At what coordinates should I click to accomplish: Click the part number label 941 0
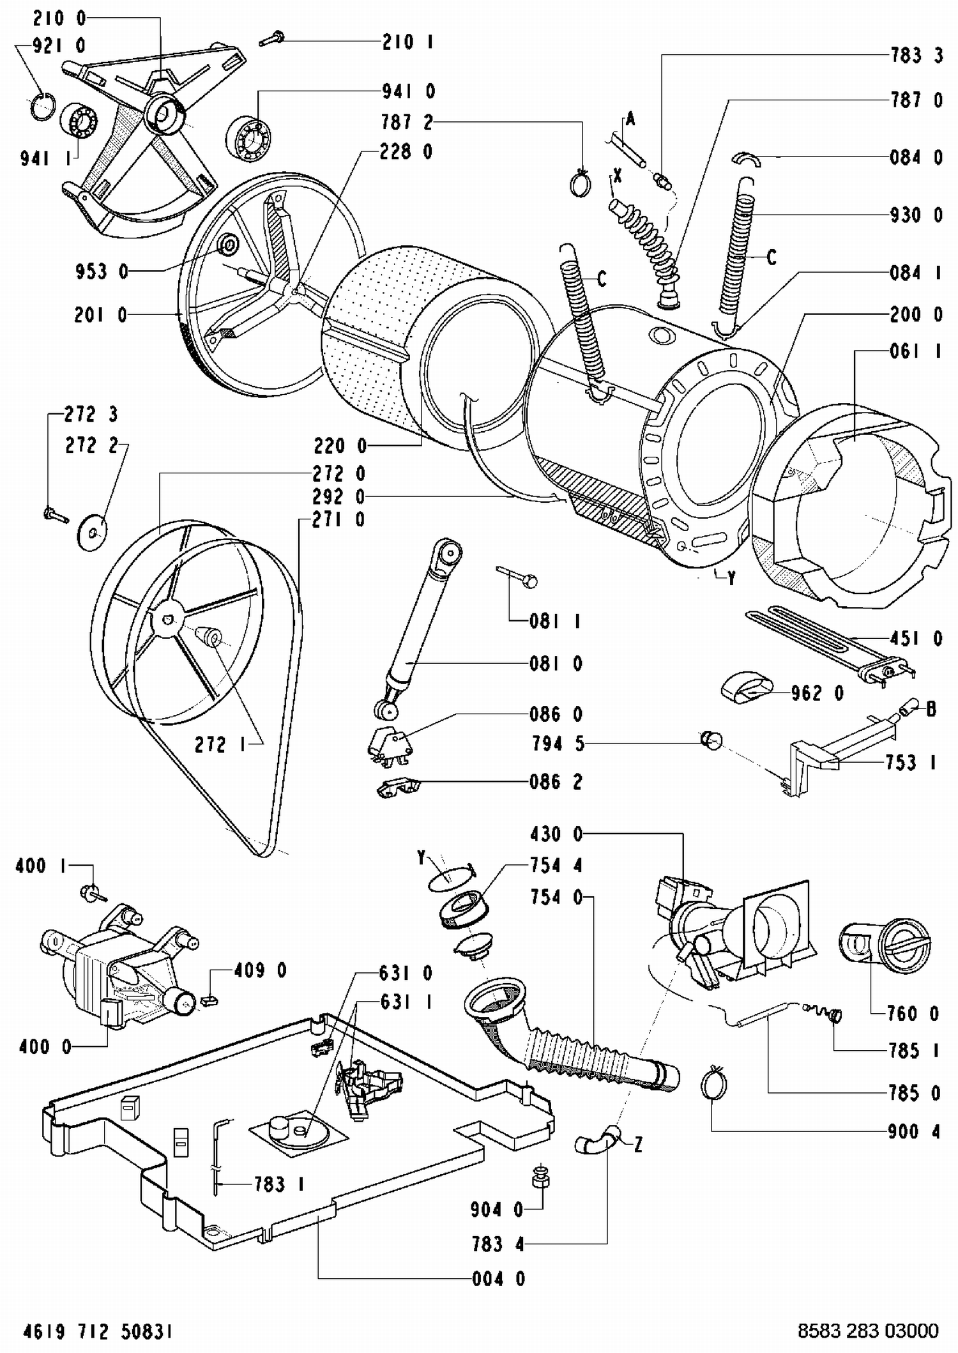pos(408,92)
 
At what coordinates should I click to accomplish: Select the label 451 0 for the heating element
pos(916,638)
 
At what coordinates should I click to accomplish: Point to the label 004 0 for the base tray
pos(498,1278)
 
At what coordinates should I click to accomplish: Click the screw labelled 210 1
pos(271,39)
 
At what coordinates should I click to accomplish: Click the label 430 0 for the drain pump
pos(556,834)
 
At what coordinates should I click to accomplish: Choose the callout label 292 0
pos(338,496)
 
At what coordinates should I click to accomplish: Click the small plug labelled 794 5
pos(711,740)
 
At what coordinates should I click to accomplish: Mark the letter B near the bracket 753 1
pos(931,708)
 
